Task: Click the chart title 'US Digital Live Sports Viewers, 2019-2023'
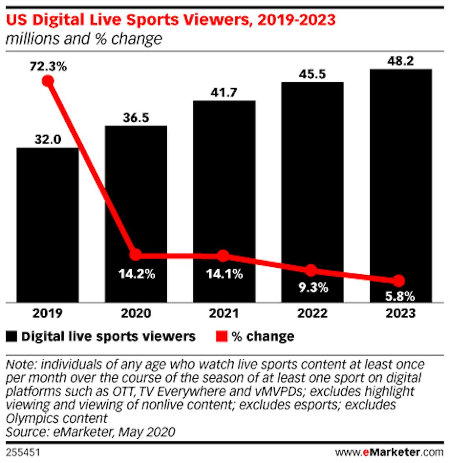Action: [171, 20]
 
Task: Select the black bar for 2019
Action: [47, 224]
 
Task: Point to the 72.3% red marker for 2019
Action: [48, 81]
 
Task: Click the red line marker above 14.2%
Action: [135, 254]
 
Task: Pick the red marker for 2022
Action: [311, 270]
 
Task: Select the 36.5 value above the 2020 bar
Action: [136, 118]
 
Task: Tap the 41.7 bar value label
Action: [224, 93]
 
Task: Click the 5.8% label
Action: [399, 296]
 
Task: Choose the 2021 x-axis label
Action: [224, 313]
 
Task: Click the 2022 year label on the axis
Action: [312, 313]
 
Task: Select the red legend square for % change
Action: [222, 336]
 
